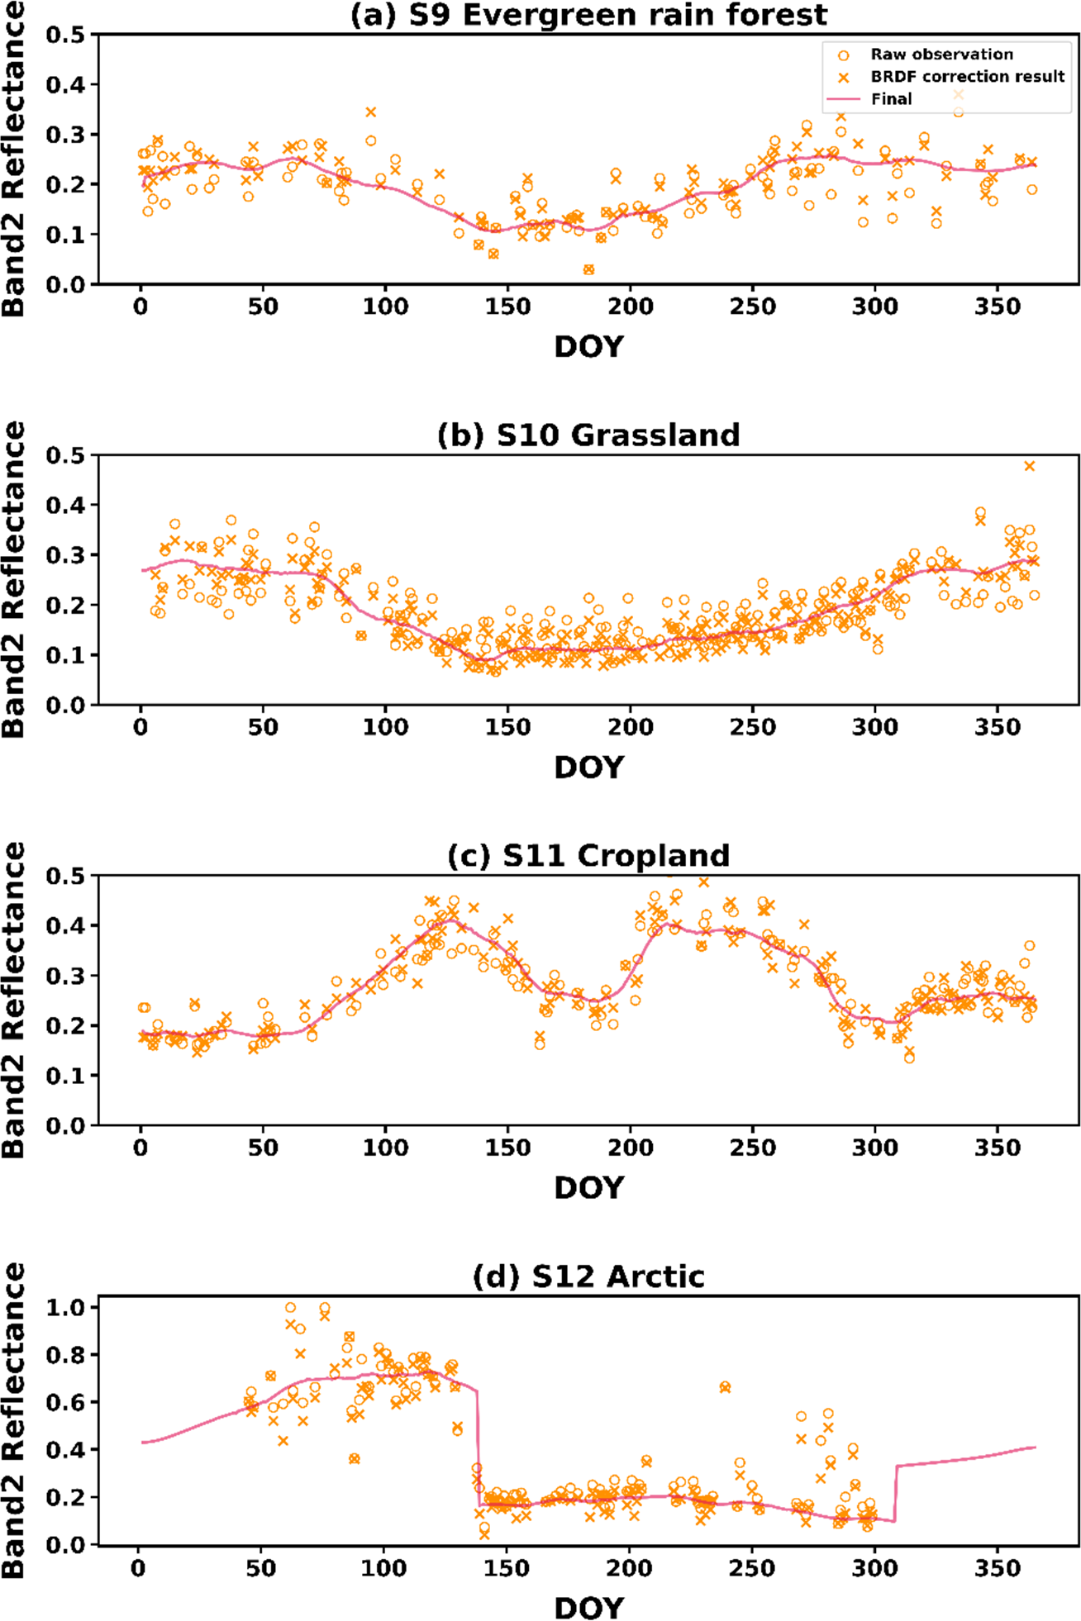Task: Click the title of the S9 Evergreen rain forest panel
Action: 588,15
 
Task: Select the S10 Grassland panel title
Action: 588,435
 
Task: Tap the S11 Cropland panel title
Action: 588,856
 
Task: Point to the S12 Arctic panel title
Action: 588,1276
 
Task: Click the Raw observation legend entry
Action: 941,55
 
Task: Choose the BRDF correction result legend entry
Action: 967,77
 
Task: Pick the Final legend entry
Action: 891,99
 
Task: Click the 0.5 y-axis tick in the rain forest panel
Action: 65,35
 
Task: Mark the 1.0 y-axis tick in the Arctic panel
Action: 65,1308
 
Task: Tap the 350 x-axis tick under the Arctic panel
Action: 998,1568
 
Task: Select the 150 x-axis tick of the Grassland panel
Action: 507,727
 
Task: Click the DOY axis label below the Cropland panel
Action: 588,1188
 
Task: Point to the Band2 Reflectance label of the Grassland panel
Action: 14,579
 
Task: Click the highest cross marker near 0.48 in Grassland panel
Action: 1030,466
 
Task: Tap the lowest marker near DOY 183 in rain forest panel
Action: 588,269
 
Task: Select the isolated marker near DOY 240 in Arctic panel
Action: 725,1387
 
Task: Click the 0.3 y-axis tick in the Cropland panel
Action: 65,976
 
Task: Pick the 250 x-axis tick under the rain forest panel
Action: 752,307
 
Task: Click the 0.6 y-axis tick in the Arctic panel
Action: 65,1402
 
